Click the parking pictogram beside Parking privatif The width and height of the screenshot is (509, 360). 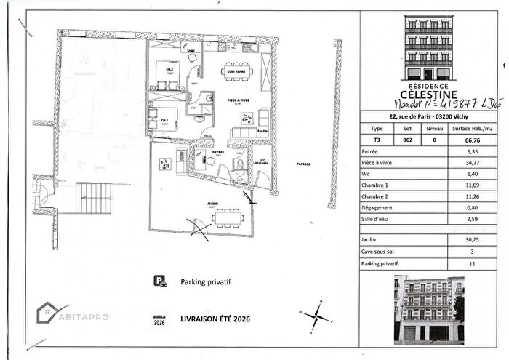point(157,280)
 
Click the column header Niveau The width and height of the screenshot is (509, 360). point(434,126)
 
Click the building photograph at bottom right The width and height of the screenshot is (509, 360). point(428,308)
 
